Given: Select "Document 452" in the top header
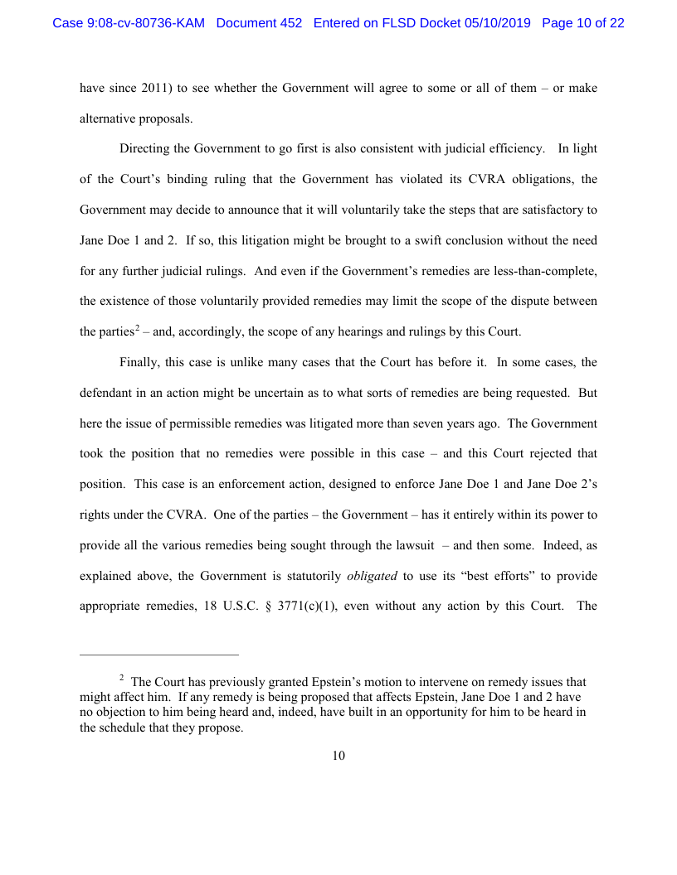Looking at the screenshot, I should pos(259,23).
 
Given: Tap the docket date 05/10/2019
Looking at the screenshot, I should pos(497,23).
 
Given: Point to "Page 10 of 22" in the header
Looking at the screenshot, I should pos(582,23).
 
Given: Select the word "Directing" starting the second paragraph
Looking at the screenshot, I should pos(145,149).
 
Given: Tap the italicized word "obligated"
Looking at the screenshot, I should pos(372,576).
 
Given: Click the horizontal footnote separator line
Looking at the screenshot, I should pos(158,654).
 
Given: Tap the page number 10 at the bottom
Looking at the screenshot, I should pos(338,756).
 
